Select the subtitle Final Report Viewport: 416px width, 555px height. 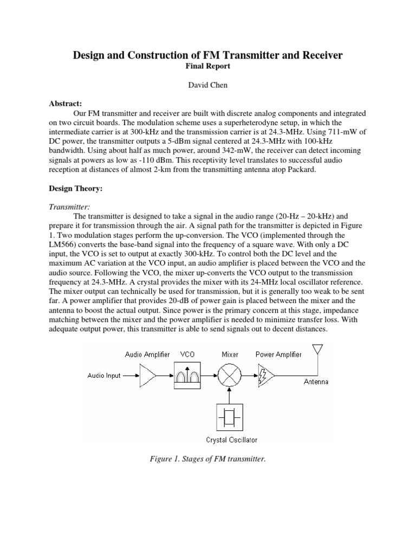point(208,66)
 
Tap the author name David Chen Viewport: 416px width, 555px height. point(208,85)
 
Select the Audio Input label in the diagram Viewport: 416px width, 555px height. point(104,375)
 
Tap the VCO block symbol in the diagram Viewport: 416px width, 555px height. point(186,375)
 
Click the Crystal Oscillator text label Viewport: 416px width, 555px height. point(232,440)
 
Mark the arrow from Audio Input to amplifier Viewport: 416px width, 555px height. point(130,375)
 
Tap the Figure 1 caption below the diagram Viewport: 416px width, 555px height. point(207,459)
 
